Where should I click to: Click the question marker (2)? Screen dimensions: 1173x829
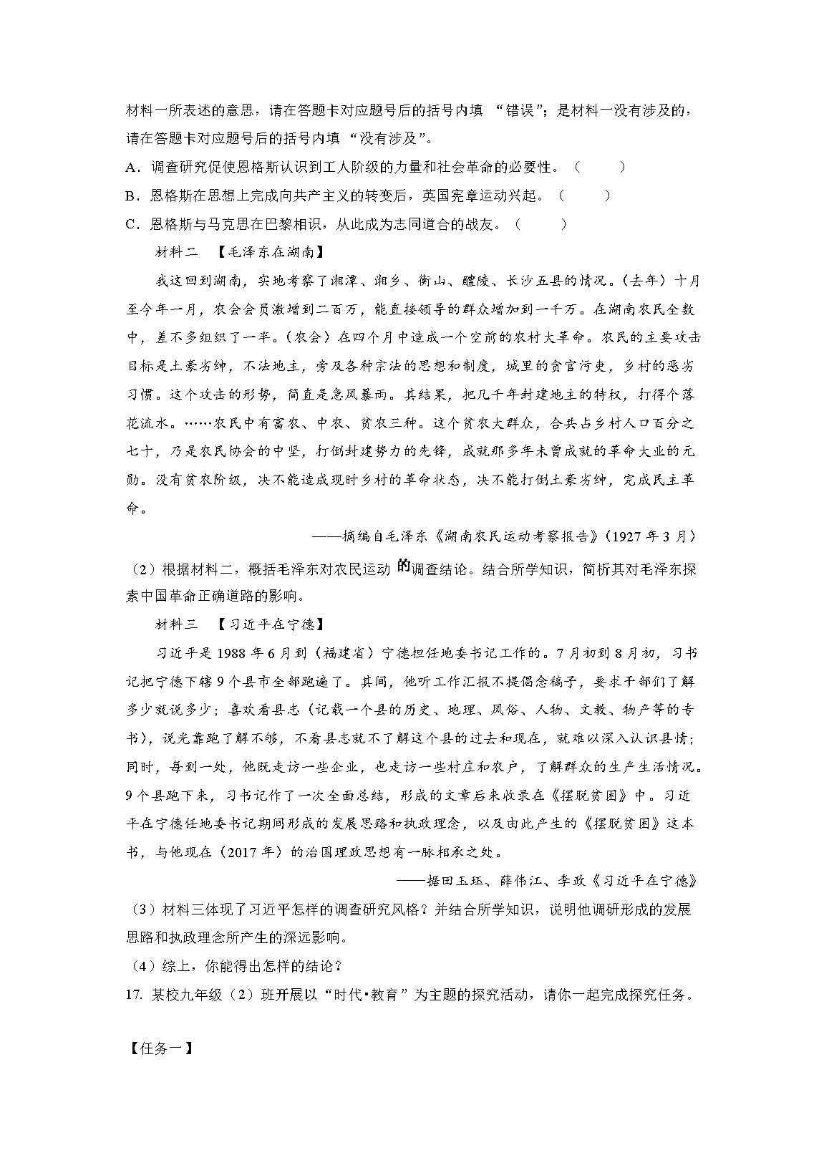click(x=142, y=570)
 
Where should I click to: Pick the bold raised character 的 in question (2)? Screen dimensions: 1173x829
click(x=403, y=566)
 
